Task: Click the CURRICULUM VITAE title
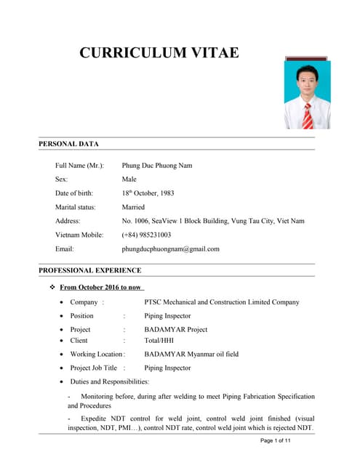click(159, 52)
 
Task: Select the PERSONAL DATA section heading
click(68, 144)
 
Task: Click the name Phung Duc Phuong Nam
click(157, 166)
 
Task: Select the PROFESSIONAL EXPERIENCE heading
click(90, 270)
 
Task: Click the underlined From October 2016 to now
click(101, 288)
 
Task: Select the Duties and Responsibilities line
click(110, 381)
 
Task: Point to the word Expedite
click(97, 419)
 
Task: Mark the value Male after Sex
click(129, 179)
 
